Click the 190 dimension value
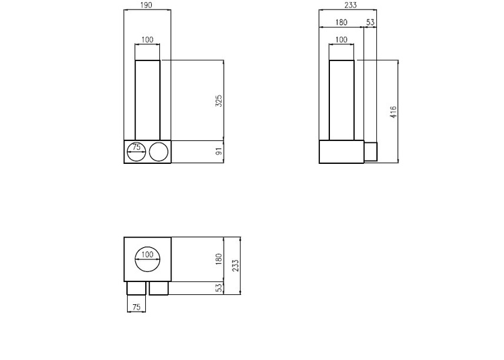[147, 5]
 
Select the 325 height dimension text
[218, 101]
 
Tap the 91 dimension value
[218, 152]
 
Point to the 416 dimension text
[393, 111]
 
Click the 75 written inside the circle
[136, 147]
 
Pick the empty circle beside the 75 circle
[159, 152]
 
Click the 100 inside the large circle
[148, 255]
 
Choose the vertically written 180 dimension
[218, 259]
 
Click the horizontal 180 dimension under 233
[341, 23]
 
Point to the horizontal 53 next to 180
[370, 23]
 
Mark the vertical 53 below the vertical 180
[218, 288]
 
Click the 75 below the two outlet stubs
[136, 307]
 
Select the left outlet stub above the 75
[136, 288]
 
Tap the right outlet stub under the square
[159, 288]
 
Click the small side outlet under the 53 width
[370, 152]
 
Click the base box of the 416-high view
[341, 152]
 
